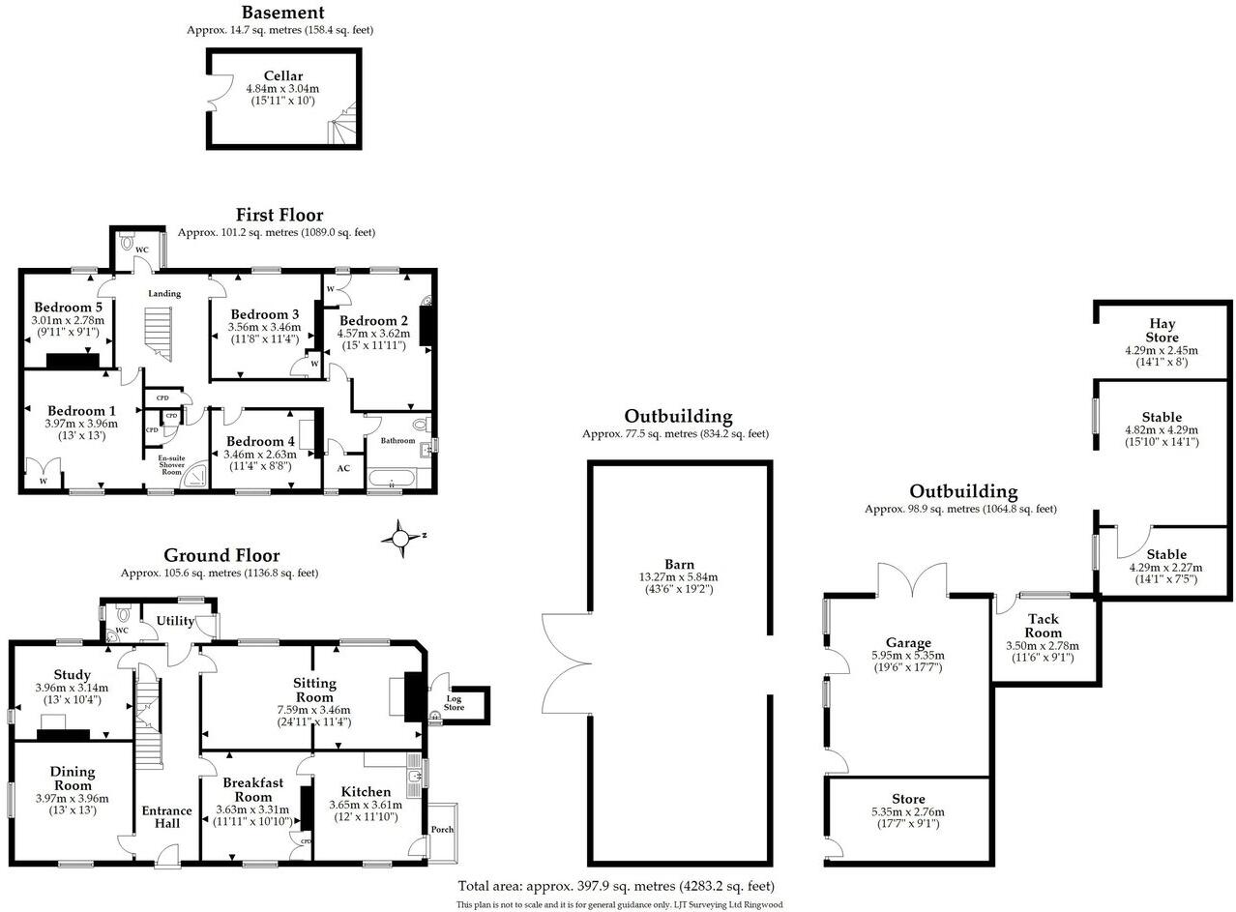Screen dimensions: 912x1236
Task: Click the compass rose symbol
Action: (x=401, y=538)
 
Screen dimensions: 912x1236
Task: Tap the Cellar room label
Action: (x=282, y=75)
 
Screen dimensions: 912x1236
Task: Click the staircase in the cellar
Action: (x=343, y=123)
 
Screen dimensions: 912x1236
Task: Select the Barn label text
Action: (x=677, y=563)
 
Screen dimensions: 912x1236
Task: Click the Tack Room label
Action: (x=1043, y=626)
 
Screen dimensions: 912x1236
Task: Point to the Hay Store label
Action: (x=1162, y=331)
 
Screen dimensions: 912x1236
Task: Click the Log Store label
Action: (x=454, y=703)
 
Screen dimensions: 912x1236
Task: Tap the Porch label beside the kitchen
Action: (x=442, y=830)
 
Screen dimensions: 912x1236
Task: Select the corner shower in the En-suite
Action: (x=197, y=474)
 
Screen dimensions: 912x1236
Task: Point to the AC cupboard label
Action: (x=343, y=468)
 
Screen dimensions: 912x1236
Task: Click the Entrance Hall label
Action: (x=162, y=816)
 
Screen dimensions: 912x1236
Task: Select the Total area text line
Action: (x=616, y=886)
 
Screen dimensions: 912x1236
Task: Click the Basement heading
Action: (x=282, y=13)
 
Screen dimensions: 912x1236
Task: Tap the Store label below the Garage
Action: (x=908, y=799)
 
